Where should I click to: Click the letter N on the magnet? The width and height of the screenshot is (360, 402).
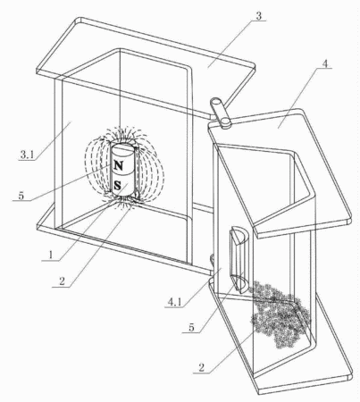tap(119, 165)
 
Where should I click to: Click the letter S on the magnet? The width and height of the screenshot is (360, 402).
tap(118, 186)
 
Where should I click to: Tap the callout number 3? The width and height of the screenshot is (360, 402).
tap(258, 16)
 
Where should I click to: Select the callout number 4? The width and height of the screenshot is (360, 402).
tap(325, 63)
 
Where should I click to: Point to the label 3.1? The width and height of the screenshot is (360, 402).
tap(28, 155)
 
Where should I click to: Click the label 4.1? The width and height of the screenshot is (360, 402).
tap(174, 302)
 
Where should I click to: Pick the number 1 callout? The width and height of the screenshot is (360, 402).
tap(51, 255)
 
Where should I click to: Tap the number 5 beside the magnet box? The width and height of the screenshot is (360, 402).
tap(21, 196)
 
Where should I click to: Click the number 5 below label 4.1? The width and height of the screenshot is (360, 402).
tap(191, 327)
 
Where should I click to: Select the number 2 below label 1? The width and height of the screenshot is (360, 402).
tap(62, 281)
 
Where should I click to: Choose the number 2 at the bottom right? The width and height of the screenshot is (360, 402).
tap(202, 367)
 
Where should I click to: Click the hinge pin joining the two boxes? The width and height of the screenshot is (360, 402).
tap(221, 113)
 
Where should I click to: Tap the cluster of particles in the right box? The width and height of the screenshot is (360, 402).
tap(280, 314)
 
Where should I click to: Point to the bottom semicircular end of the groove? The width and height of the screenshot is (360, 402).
tap(239, 283)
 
